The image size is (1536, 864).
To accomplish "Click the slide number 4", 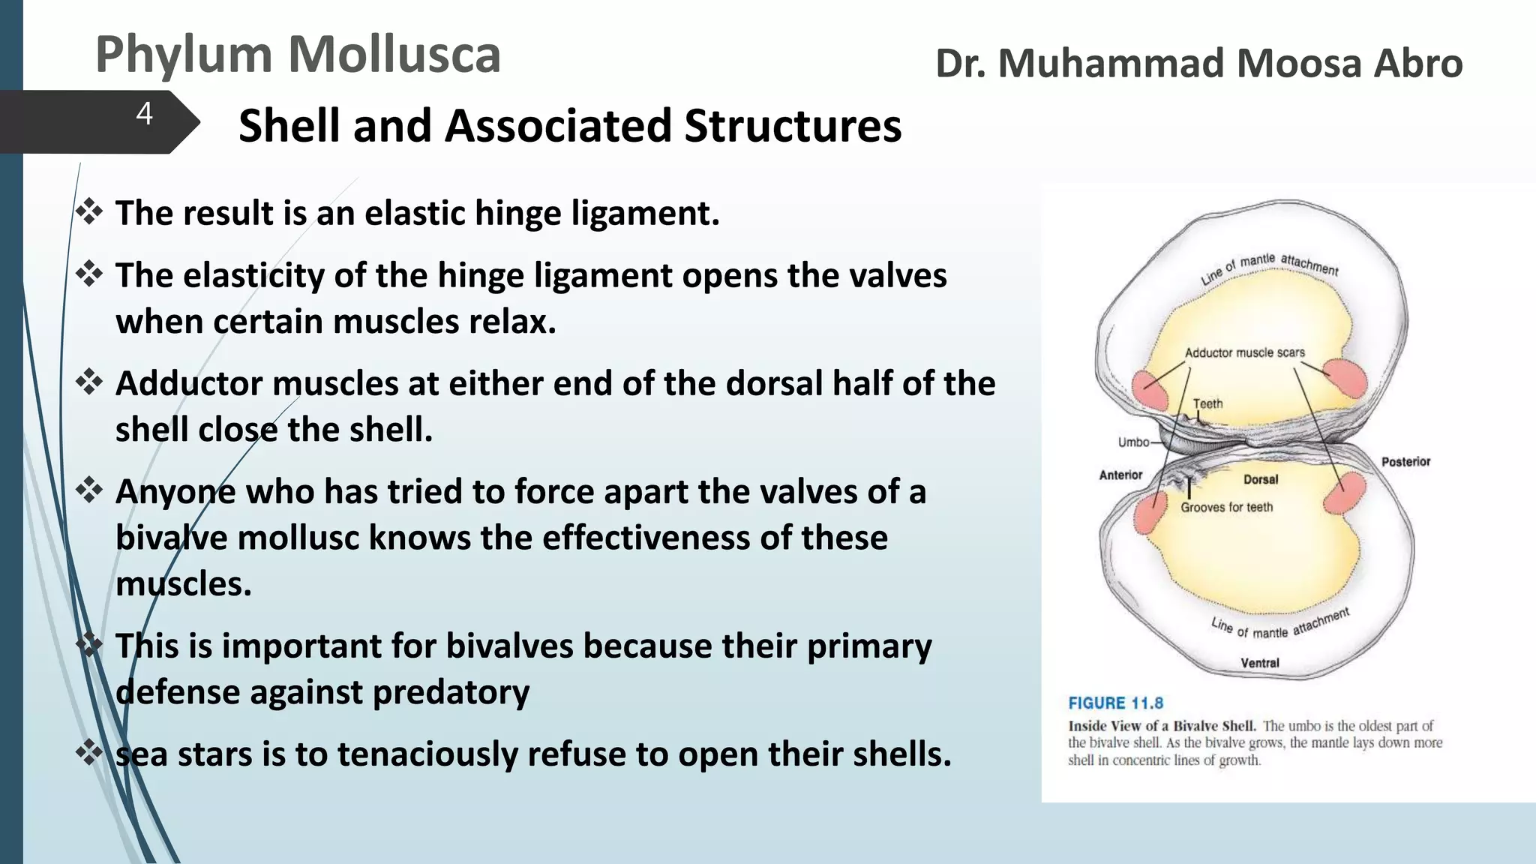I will click(145, 114).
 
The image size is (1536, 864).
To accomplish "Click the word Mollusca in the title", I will click(394, 55).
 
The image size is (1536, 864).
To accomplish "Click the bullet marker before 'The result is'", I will click(89, 212).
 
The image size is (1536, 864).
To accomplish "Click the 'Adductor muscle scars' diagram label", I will click(1244, 352).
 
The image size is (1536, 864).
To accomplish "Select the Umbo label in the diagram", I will click(1133, 442).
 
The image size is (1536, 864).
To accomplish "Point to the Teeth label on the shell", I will click(1207, 403).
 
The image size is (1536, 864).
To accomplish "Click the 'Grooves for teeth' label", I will click(1226, 508).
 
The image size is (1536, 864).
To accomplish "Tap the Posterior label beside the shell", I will click(1405, 462).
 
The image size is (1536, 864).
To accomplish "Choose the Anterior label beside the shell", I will click(1120, 475).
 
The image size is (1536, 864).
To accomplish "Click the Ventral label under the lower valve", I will click(1260, 663).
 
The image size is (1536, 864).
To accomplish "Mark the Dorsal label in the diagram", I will click(1261, 479).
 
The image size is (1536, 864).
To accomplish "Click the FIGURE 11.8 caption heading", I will click(1115, 703).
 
